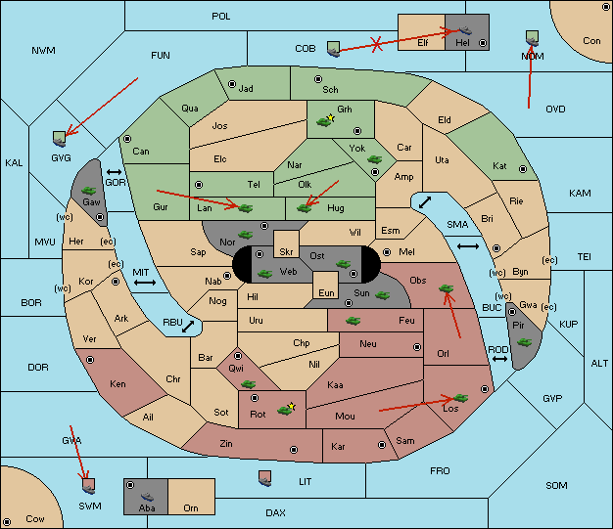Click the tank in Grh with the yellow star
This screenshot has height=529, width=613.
tap(324, 121)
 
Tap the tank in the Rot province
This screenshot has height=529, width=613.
tap(285, 410)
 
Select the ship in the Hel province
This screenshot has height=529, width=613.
tap(465, 30)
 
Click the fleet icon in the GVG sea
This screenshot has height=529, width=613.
tap(59, 139)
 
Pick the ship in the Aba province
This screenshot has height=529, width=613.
tap(147, 497)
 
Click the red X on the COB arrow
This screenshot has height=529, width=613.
tap(376, 44)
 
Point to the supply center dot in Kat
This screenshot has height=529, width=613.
tap(523, 169)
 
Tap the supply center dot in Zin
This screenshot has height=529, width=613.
tap(294, 450)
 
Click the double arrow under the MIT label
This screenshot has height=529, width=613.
tap(145, 283)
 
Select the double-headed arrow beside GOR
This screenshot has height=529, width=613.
tap(114, 172)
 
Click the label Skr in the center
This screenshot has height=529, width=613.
tap(286, 252)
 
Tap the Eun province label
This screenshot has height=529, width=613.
tap(326, 292)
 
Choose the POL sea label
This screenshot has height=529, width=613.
tap(221, 17)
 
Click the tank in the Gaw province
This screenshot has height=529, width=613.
tap(89, 191)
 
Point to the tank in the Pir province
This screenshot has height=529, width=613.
tap(524, 342)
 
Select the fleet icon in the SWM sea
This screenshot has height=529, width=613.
tap(89, 486)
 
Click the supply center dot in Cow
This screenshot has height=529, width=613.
tap(7, 522)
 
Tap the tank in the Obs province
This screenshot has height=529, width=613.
tap(447, 288)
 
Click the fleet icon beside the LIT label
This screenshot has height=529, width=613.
tap(265, 478)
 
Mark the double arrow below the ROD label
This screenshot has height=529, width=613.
tap(499, 359)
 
